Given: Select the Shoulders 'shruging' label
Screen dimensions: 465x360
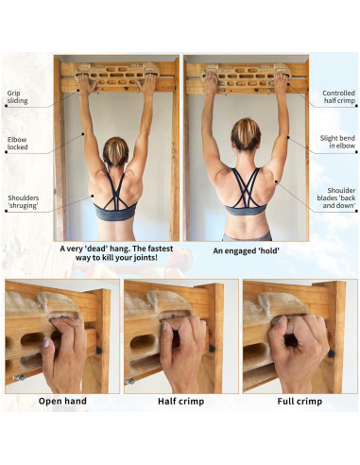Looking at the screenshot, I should click(23, 202).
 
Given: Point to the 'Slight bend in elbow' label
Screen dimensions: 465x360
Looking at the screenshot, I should click(338, 143).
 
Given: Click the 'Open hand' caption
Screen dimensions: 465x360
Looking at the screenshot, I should click(62, 400).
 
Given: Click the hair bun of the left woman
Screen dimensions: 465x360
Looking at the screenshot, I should click(116, 144).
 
